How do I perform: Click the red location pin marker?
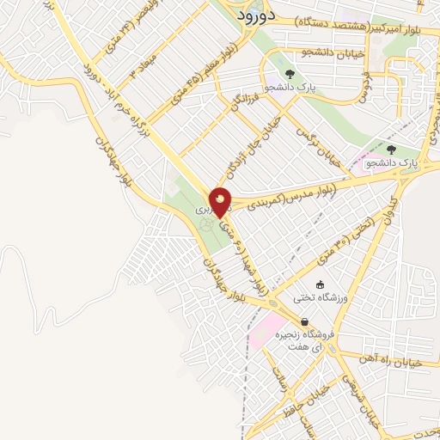click(221, 202)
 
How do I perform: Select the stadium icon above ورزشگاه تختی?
click(320, 284)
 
